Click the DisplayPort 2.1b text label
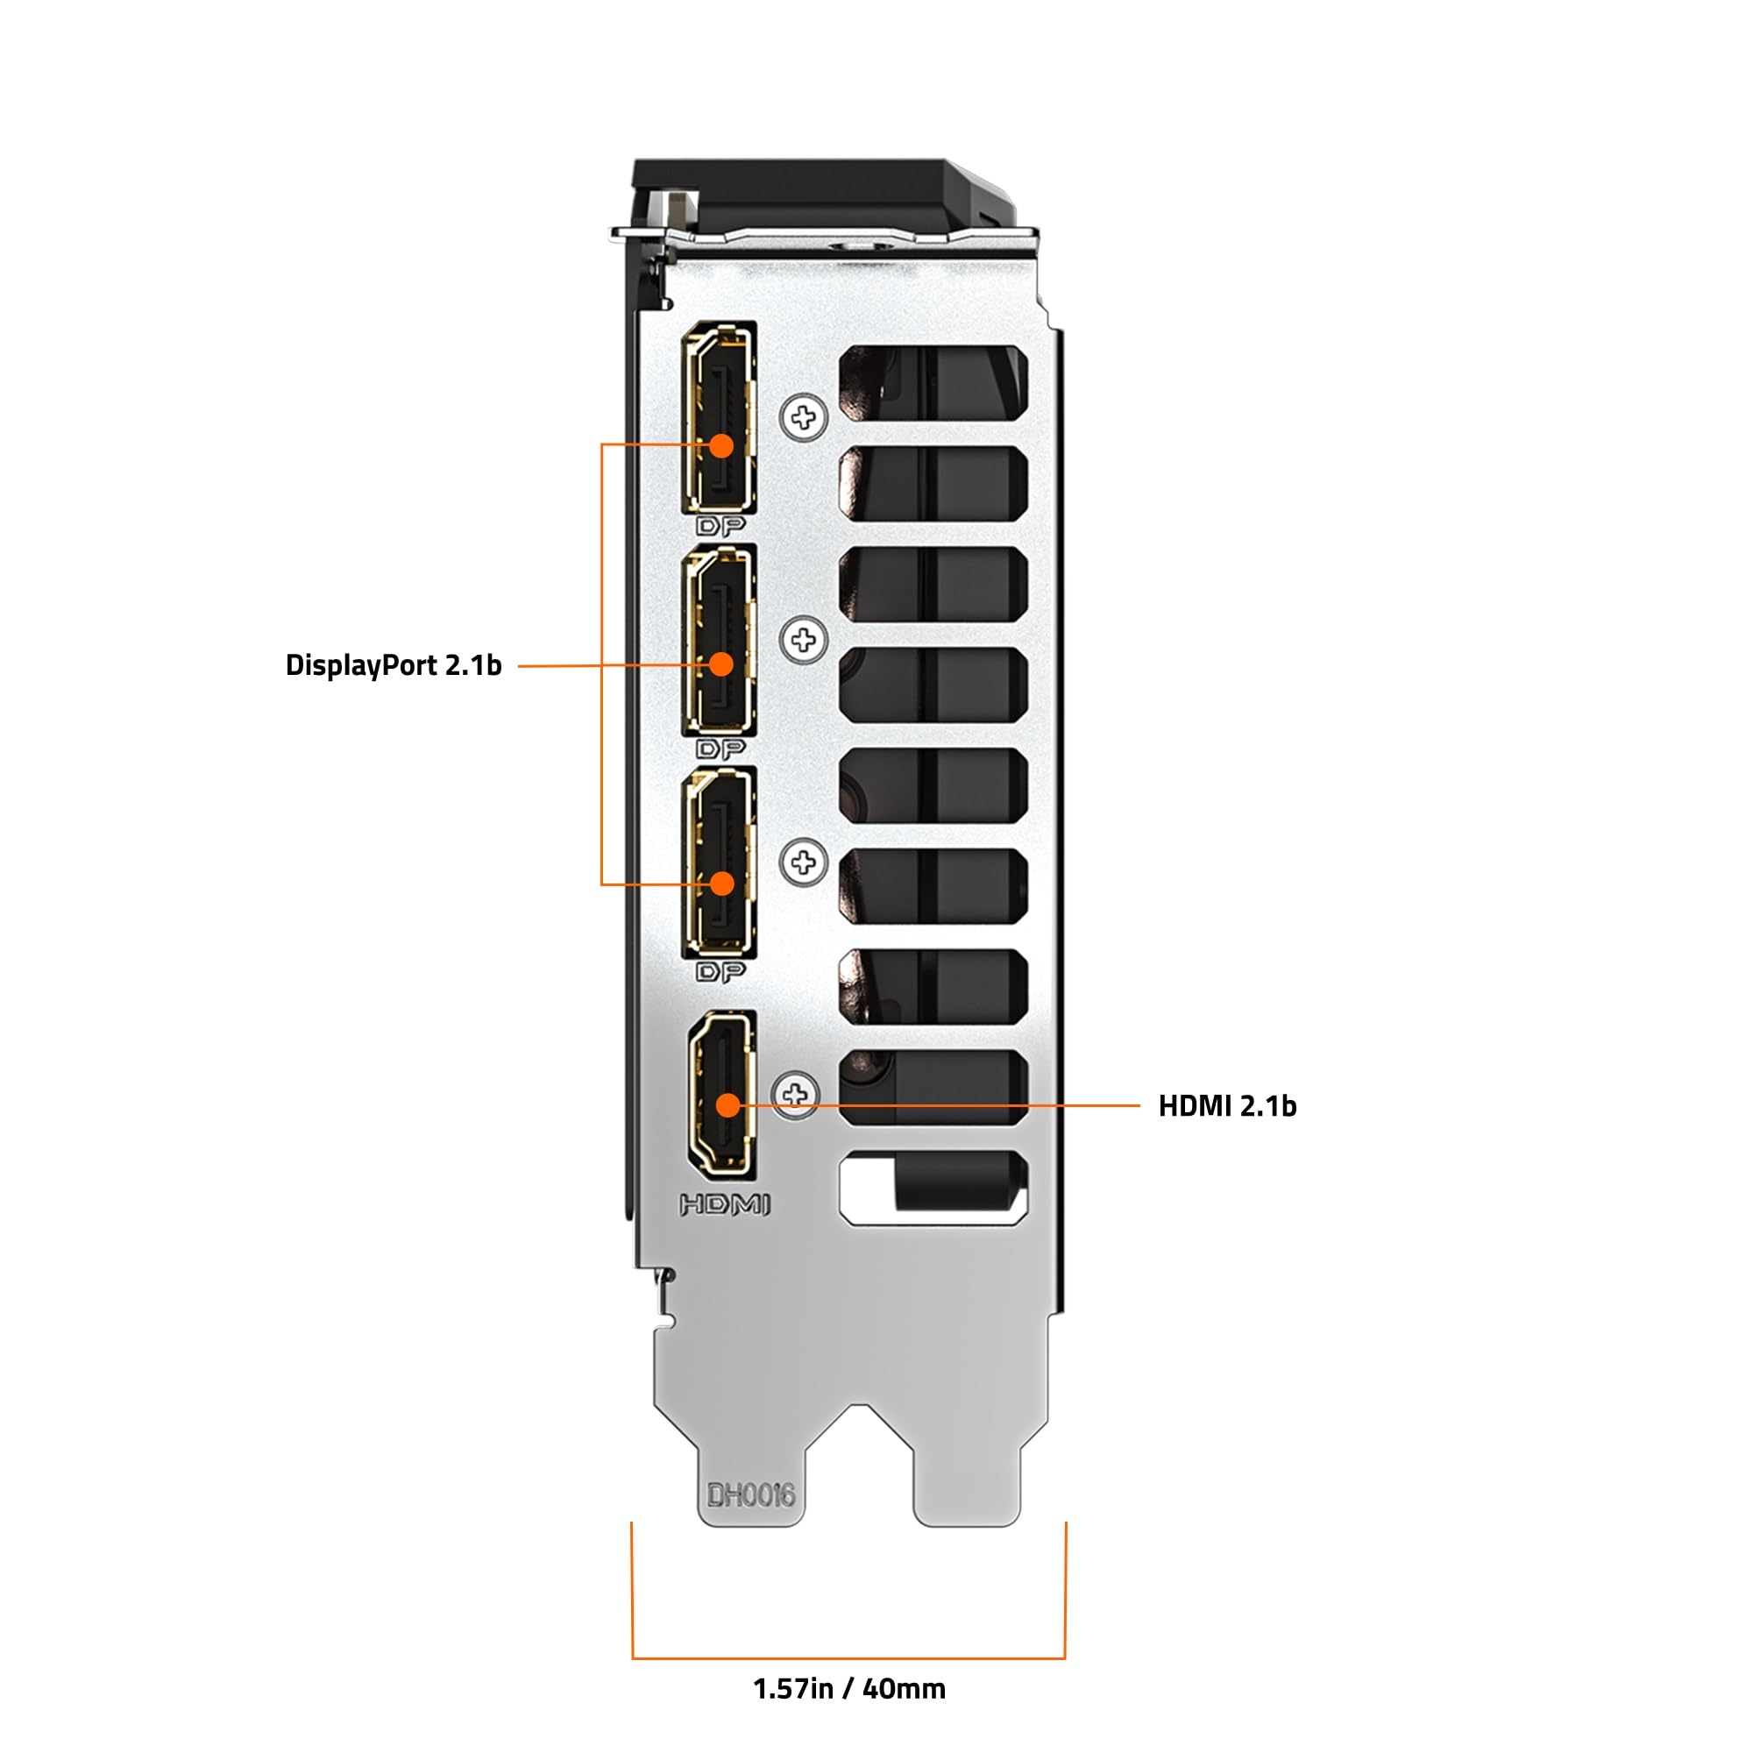pos(393,665)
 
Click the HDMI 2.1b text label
pos(1227,1106)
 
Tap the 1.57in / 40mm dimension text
pos(848,1689)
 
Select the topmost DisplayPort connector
pos(720,417)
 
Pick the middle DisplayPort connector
pos(720,640)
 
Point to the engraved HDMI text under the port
pos(725,1205)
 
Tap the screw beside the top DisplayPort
pos(803,417)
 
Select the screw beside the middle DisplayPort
pos(803,640)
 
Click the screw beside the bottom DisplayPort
pos(803,862)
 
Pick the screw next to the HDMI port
pos(796,1094)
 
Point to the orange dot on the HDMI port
pos(727,1105)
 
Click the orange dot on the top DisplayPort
pos(721,445)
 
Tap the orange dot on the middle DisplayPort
pos(721,664)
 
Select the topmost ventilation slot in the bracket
pos(933,383)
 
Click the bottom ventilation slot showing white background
pos(933,1188)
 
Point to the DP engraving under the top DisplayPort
pos(720,526)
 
